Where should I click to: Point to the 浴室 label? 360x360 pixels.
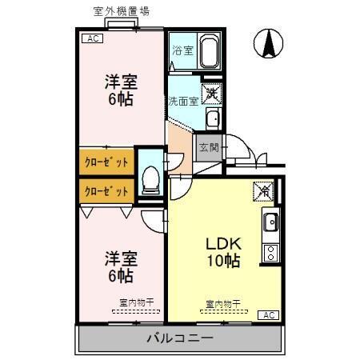click(x=182, y=50)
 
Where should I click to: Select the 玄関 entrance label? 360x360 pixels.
click(x=208, y=148)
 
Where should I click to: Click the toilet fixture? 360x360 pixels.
click(x=149, y=182)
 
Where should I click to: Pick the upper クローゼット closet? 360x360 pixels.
click(x=106, y=161)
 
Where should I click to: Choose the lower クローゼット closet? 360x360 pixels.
click(x=106, y=191)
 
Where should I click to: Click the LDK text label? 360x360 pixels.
click(x=224, y=242)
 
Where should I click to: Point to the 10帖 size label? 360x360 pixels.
click(x=224, y=260)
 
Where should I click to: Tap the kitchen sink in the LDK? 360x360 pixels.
click(x=270, y=222)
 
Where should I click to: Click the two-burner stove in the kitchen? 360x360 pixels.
click(x=270, y=254)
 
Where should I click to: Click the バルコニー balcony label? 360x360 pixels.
click(x=179, y=338)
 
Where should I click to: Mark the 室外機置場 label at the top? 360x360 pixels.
click(x=120, y=11)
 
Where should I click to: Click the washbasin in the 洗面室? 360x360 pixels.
click(x=212, y=120)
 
